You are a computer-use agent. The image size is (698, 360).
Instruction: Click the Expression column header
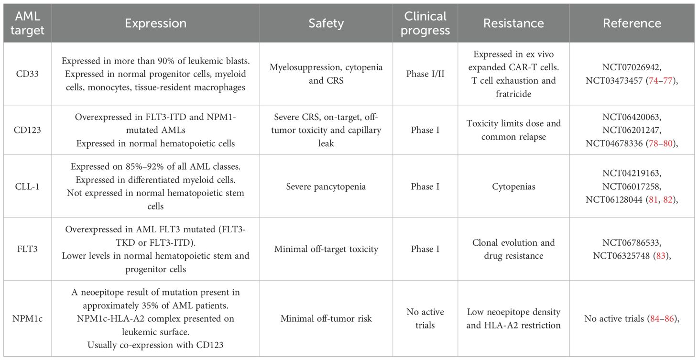pos(155,23)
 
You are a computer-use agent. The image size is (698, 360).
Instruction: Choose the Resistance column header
pos(513,23)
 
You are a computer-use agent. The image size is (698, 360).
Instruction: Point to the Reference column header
pos(632,23)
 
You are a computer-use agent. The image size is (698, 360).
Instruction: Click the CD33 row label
pos(27,74)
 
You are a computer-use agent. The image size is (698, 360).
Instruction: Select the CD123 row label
pos(27,130)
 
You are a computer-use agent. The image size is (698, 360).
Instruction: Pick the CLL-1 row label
pos(27,186)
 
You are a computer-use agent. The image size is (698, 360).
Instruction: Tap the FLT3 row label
pos(27,249)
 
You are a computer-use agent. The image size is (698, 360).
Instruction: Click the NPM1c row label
pos(27,318)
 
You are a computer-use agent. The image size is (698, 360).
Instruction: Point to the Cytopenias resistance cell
pos(513,186)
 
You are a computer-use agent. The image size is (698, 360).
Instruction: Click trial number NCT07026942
pos(632,68)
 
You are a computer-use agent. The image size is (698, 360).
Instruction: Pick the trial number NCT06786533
pos(632,243)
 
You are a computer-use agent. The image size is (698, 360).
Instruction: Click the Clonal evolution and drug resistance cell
pos(513,249)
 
